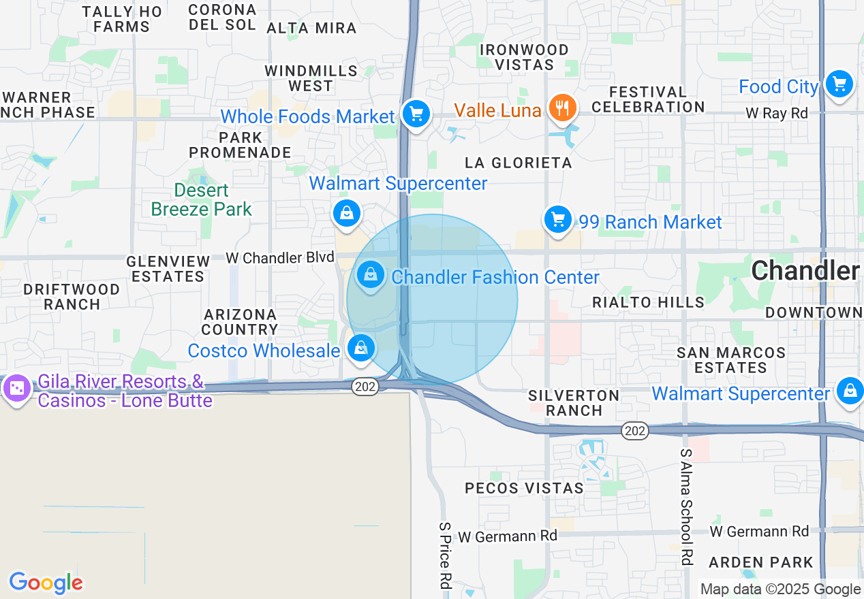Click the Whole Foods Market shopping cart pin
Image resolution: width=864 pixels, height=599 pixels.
(415, 114)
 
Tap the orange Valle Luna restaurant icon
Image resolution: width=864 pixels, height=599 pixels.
(562, 108)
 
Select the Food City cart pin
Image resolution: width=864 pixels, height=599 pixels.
(839, 84)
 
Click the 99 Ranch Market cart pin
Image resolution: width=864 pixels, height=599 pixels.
(558, 220)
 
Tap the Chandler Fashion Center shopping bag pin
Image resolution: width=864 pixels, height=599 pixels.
(370, 276)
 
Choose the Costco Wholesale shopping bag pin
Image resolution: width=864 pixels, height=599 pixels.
(360, 348)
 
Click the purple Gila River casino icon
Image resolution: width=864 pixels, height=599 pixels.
(16, 389)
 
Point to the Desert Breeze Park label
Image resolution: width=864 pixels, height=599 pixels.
(202, 199)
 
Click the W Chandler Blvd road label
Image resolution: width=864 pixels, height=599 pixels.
(280, 258)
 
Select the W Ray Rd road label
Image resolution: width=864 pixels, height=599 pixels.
(777, 113)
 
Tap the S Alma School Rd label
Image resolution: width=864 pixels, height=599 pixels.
(686, 506)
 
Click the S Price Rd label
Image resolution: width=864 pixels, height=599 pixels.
(446, 555)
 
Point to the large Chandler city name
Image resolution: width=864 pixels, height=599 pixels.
(805, 271)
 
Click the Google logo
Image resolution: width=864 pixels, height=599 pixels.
(46, 583)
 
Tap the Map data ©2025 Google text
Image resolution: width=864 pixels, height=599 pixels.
(780, 589)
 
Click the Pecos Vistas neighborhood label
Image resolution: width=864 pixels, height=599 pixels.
(524, 488)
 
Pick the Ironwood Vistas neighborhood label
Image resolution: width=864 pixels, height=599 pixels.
(524, 57)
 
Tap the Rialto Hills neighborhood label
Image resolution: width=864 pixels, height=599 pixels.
(648, 302)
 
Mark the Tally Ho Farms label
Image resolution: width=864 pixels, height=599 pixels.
(122, 19)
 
